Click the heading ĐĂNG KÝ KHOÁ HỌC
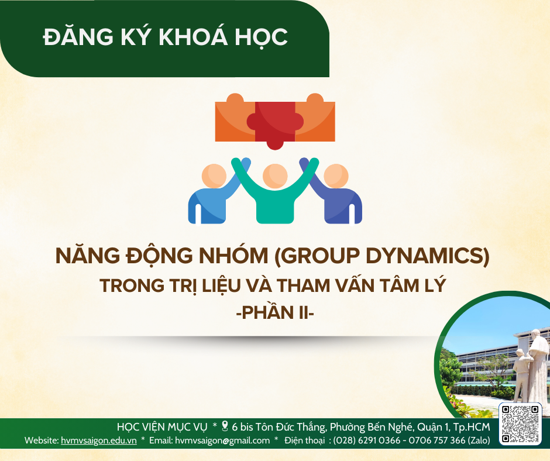pos(166,37)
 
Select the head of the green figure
pos(274,176)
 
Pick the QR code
pos(520,424)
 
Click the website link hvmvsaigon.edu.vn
pos(99,441)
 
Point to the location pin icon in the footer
pos(224,426)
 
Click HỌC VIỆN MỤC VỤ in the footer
pos(162,426)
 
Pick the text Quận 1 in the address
pos(433,426)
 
